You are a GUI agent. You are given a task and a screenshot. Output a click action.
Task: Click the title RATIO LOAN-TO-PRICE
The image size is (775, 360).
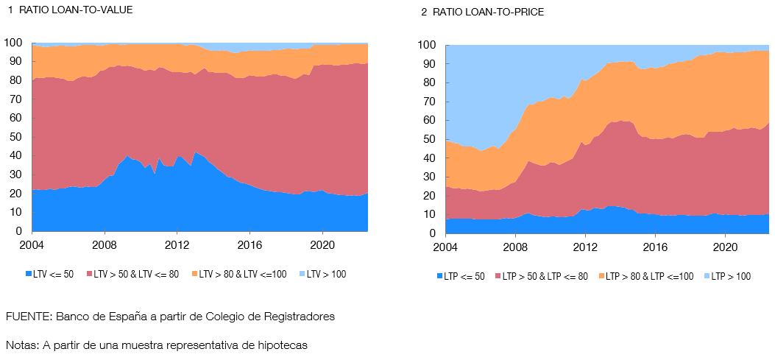(x=488, y=13)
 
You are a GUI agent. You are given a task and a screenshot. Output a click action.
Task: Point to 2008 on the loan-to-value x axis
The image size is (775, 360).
(x=105, y=245)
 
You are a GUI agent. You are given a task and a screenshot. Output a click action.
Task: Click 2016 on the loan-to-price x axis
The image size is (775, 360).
(x=655, y=247)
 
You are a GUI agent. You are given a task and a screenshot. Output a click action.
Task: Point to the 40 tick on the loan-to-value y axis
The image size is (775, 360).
(x=15, y=157)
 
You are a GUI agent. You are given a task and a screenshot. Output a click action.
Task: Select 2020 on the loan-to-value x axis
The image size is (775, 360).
(x=323, y=245)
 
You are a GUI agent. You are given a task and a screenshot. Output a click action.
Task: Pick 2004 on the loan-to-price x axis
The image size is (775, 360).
(x=445, y=247)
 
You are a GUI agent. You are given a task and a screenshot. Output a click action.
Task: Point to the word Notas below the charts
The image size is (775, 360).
(x=21, y=345)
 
